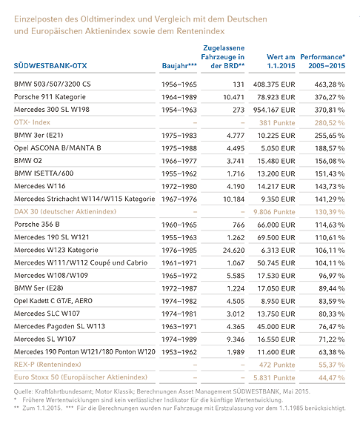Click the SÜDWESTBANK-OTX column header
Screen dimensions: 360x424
pos(50,66)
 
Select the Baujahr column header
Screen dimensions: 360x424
pos(179,66)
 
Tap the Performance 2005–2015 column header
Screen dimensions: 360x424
pos(323,62)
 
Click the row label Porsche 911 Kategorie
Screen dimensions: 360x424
pos(50,97)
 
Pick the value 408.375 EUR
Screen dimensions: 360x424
pos(274,85)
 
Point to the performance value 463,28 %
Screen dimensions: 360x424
pos(330,85)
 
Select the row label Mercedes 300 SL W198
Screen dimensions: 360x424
pos(52,110)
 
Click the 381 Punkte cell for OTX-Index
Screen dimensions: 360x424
pos(277,123)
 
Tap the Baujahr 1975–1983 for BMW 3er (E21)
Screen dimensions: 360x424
pos(179,136)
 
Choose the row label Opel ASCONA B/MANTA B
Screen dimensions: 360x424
pos(57,148)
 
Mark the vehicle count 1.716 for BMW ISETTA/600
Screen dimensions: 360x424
pos(236,173)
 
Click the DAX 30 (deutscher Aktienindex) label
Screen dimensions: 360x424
pos(65,211)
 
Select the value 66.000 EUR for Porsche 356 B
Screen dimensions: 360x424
pos(276,225)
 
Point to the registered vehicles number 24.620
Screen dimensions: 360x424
pos(233,250)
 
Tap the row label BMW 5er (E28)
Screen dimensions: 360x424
pos(39,288)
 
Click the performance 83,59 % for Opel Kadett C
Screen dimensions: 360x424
pos(332,301)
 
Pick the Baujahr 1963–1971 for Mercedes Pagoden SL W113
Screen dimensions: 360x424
pos(179,326)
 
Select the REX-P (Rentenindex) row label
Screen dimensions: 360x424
pos(47,365)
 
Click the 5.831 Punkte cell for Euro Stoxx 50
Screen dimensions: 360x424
pos(274,377)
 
